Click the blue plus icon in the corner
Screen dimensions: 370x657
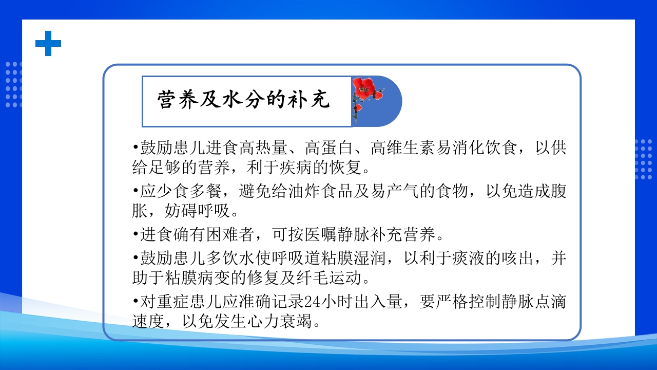[x=48, y=43]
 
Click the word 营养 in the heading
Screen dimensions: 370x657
[x=169, y=100]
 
